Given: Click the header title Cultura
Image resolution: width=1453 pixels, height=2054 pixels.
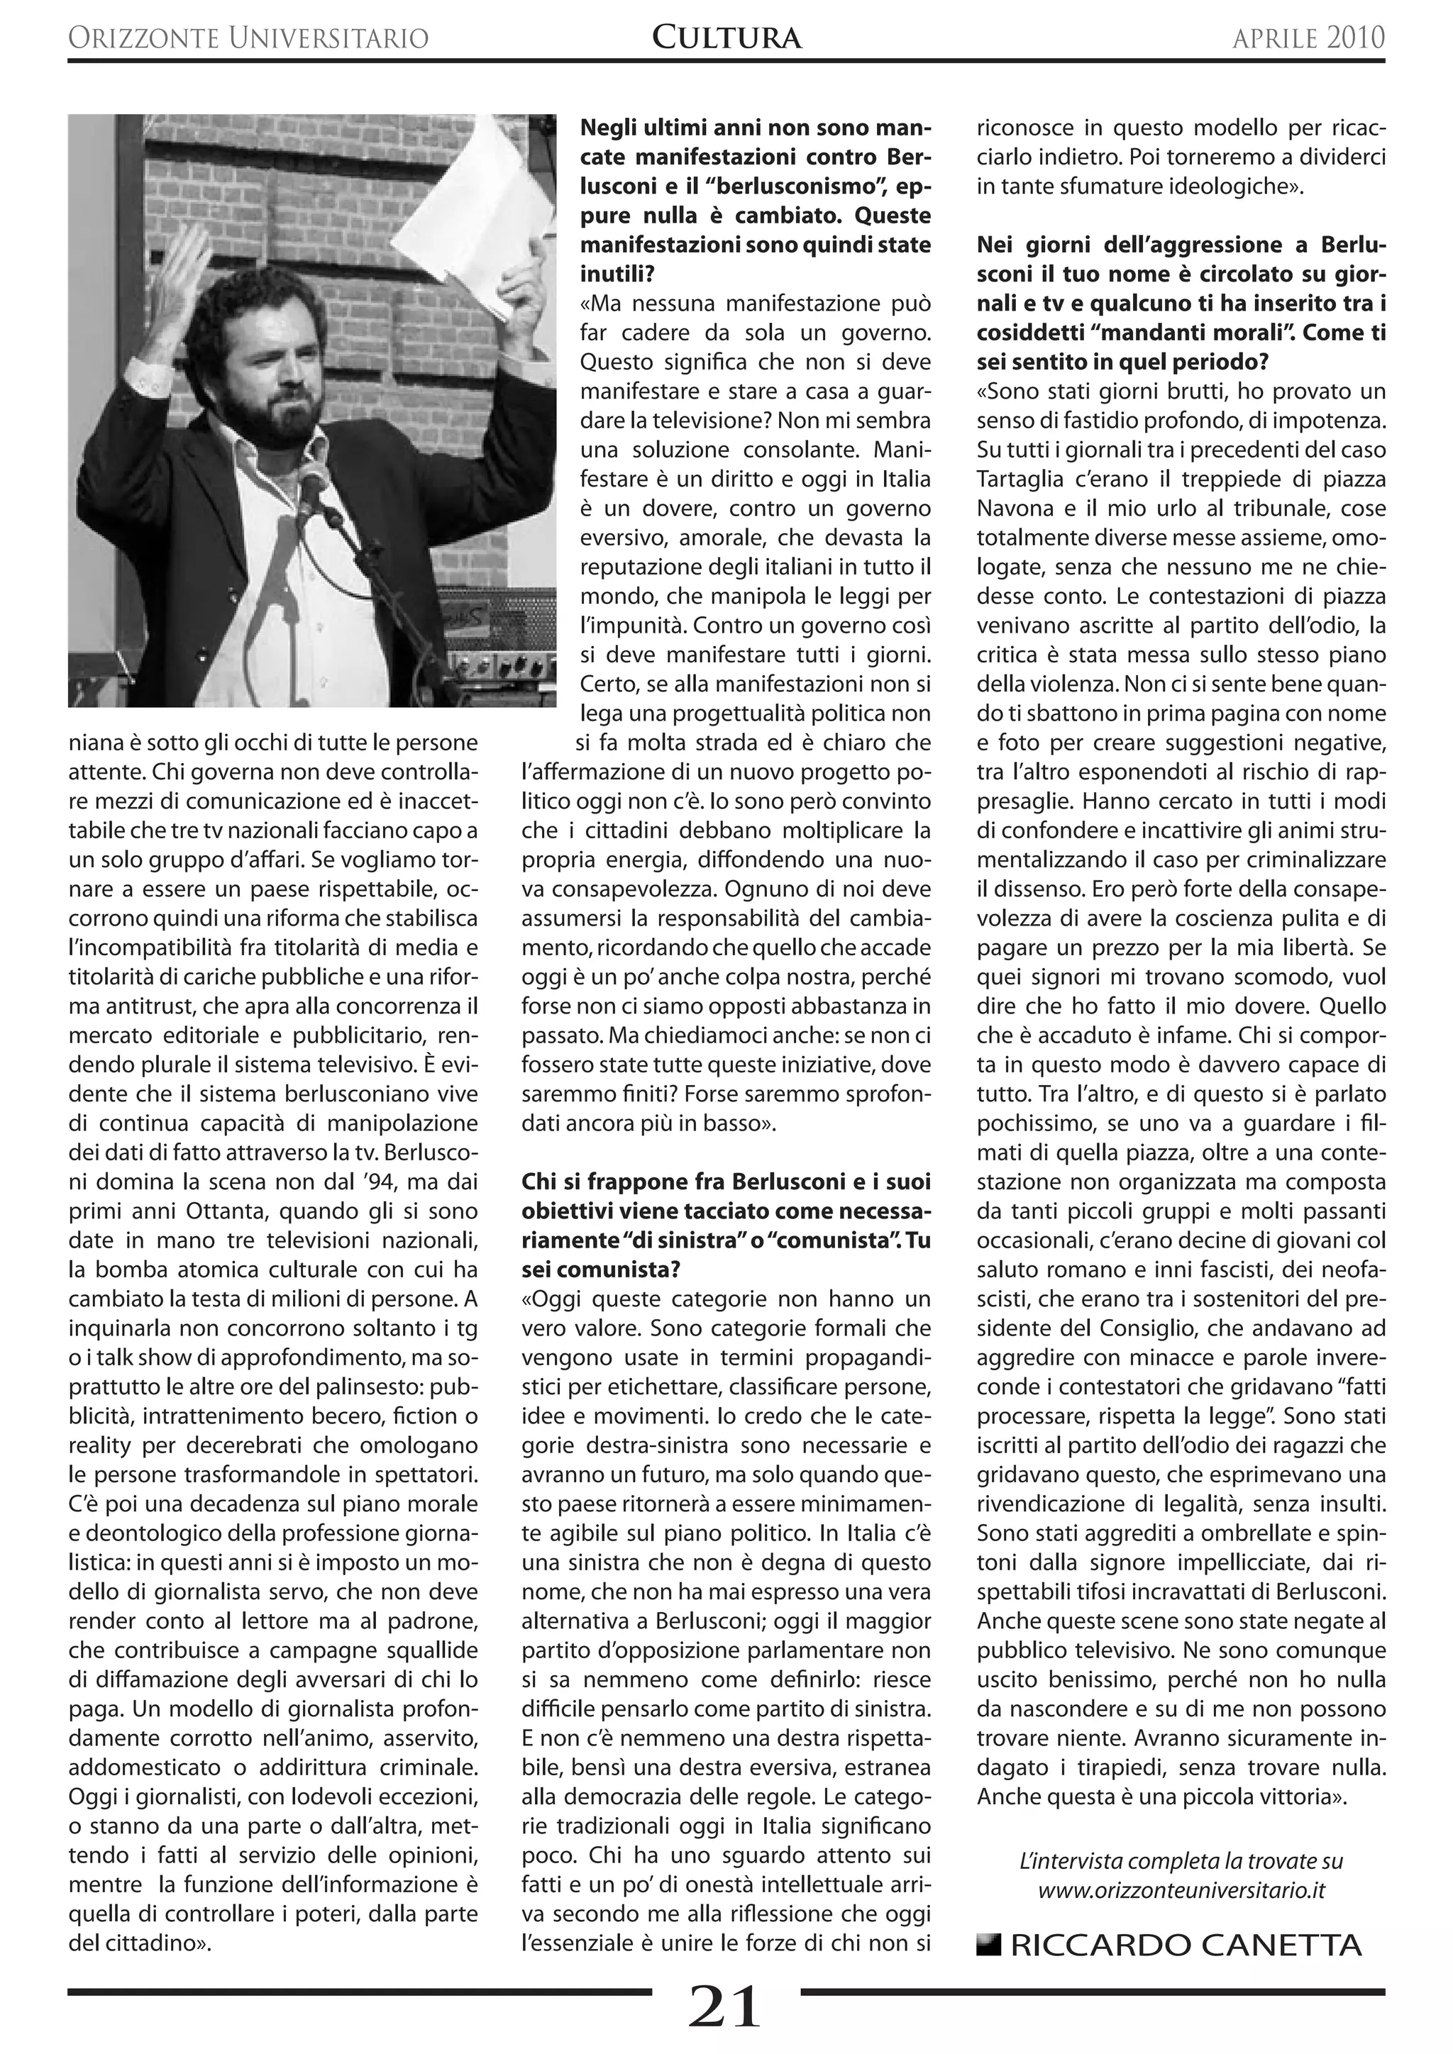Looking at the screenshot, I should click(x=726, y=37).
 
